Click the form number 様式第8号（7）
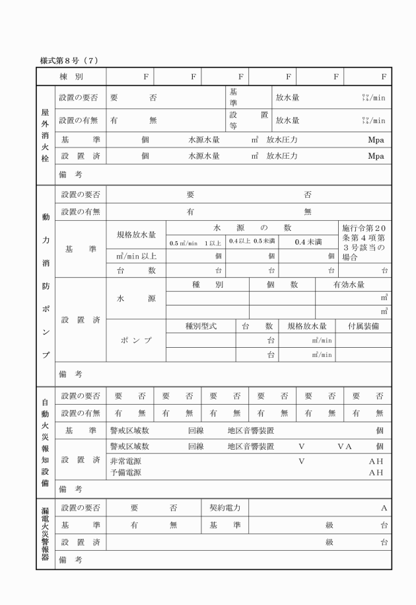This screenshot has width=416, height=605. pyautogui.click(x=69, y=61)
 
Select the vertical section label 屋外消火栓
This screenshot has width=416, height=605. pyautogui.click(x=46, y=136)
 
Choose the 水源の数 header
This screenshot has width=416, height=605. pyautogui.click(x=252, y=227)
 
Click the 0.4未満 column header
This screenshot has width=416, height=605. pyautogui.click(x=308, y=242)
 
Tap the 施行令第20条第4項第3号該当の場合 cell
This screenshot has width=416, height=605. pyautogui.click(x=364, y=241)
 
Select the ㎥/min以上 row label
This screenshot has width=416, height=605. pyautogui.click(x=136, y=256)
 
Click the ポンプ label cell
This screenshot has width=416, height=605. pyautogui.click(x=136, y=340)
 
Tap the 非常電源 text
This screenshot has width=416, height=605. pyautogui.click(x=129, y=461)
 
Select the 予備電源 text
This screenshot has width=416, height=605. pyautogui.click(x=129, y=472)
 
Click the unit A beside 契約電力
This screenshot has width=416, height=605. pyautogui.click(x=383, y=508)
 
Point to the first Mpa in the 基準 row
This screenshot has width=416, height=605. pyautogui.click(x=376, y=140)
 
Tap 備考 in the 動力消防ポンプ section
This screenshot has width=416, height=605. pyautogui.click(x=70, y=374)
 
